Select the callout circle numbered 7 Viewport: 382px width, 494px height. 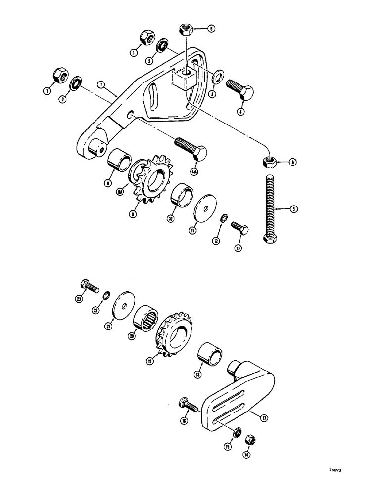tap(100, 85)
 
